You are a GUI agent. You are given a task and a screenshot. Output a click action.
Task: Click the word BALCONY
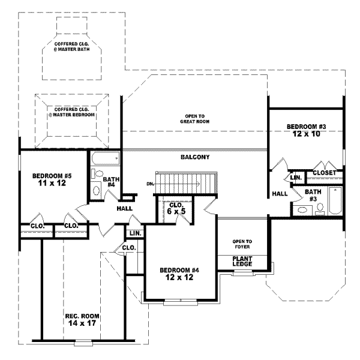tap(194, 157)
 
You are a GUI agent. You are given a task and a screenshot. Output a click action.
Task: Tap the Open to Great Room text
tap(194, 118)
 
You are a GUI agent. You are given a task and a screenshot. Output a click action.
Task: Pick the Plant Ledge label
tap(242, 261)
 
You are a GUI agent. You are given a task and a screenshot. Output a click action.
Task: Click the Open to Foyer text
tap(242, 244)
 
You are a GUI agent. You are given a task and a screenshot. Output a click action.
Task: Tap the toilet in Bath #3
tap(320, 208)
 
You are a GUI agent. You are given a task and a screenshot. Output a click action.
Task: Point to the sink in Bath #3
tap(302, 210)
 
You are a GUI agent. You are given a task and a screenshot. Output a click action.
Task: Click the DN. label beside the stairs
tap(150, 184)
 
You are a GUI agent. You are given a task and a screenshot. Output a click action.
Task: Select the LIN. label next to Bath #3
tap(296, 178)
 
